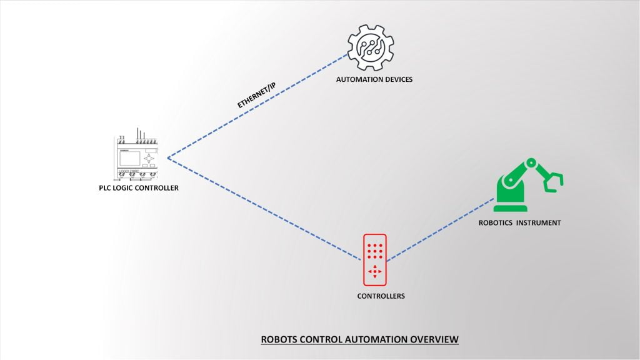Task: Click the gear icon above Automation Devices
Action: [x=371, y=47]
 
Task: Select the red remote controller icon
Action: [x=375, y=259]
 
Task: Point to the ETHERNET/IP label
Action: [x=256, y=95]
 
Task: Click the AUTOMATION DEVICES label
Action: [x=374, y=79]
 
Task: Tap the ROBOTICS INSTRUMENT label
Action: [x=519, y=222]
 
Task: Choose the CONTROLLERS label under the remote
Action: [x=381, y=296]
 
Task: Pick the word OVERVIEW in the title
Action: [x=434, y=339]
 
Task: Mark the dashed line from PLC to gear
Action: [x=256, y=107]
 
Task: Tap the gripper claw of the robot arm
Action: [x=553, y=180]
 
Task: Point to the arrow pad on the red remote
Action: [x=375, y=271]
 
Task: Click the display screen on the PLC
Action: [x=130, y=157]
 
